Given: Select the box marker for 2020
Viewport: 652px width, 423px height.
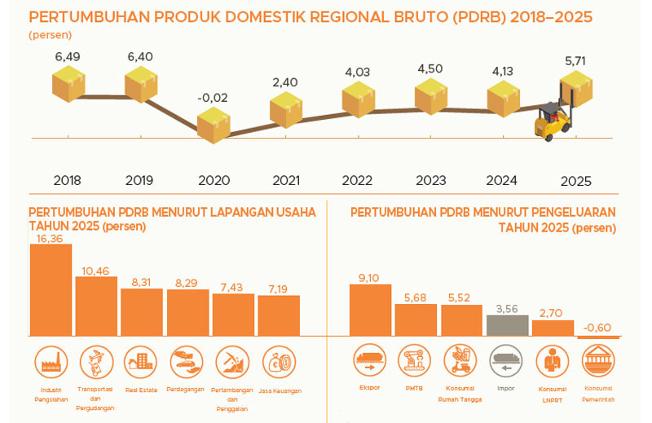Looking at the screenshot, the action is (214, 126).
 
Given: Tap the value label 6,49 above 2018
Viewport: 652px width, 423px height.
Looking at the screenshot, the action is (68, 56).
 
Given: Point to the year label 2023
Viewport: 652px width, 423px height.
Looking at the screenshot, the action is (431, 180).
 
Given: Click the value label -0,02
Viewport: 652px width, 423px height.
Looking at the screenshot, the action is (213, 98).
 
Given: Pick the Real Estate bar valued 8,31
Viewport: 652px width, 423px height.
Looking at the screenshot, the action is (142, 312).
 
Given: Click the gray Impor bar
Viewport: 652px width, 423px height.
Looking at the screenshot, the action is (507, 325).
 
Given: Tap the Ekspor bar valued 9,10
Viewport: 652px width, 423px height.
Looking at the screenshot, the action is (370, 310).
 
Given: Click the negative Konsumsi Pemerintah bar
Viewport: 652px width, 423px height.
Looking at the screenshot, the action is (598, 337).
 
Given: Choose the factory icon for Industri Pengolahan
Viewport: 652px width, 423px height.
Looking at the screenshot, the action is (51, 362).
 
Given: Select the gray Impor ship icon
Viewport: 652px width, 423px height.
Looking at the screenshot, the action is (506, 360).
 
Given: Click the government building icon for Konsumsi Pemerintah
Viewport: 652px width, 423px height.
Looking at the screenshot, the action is (598, 360).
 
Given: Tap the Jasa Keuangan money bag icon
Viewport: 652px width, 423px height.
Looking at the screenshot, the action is (279, 362).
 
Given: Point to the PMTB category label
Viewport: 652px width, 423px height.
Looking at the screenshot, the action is (414, 388).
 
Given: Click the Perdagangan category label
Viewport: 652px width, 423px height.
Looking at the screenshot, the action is (186, 390).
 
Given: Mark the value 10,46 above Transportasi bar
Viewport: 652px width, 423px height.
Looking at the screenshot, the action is (95, 271).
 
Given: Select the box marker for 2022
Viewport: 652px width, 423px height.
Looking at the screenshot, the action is (359, 99).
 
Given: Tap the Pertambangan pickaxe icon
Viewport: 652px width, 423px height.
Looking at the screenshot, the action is (232, 362).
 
